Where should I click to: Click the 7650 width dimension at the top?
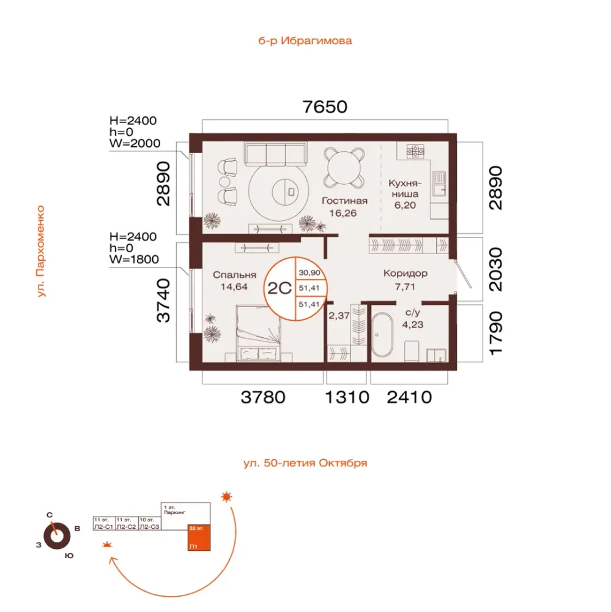pos(325,106)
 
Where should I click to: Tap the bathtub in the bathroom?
pos(382,335)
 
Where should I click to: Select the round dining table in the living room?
pos(344,168)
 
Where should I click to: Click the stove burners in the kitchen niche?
pos(415,151)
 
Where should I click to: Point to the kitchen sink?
pos(439,184)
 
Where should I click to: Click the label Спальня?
pos(234,275)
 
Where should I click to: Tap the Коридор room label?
pos(405,273)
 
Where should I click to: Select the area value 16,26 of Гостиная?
pos(343,213)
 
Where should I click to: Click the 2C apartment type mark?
pos(280,288)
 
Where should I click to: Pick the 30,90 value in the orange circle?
pos(309,273)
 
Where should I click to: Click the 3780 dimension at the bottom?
pos(263,397)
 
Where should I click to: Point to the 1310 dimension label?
pos(347,397)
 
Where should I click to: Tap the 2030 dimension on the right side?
pos(496,269)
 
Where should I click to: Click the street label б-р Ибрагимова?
pos(305,40)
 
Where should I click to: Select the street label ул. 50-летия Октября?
pos(305,463)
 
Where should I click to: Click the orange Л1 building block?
pos(199,537)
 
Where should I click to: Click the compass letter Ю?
pos(69,556)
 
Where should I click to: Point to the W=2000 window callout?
pos(135,143)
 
